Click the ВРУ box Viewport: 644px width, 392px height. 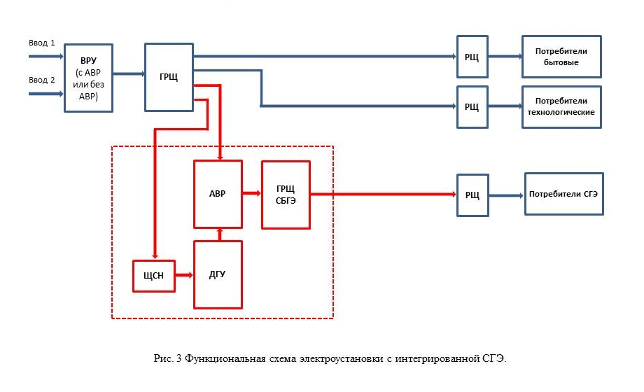tap(88, 78)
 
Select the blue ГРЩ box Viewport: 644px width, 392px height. tap(169, 77)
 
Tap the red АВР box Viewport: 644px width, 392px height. tap(218, 194)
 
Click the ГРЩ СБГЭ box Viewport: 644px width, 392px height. tap(286, 194)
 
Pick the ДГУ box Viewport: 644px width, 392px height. tap(218, 274)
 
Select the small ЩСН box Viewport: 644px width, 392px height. tap(154, 275)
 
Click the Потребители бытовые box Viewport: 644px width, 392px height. tap(561, 57)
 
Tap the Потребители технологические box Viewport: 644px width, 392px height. tap(561, 106)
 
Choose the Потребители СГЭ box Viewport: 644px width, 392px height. tap(563, 194)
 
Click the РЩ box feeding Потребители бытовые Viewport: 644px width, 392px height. tap(472, 57)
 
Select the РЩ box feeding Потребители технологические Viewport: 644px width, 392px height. tap(472, 106)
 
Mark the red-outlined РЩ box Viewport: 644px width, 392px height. tap(472, 195)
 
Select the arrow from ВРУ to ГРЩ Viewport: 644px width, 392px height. tap(129, 73)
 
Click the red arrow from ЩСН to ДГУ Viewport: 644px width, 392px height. tap(184, 275)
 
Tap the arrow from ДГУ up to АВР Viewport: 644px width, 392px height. tap(220, 234)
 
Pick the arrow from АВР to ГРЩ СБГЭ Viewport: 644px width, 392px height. tap(252, 192)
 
